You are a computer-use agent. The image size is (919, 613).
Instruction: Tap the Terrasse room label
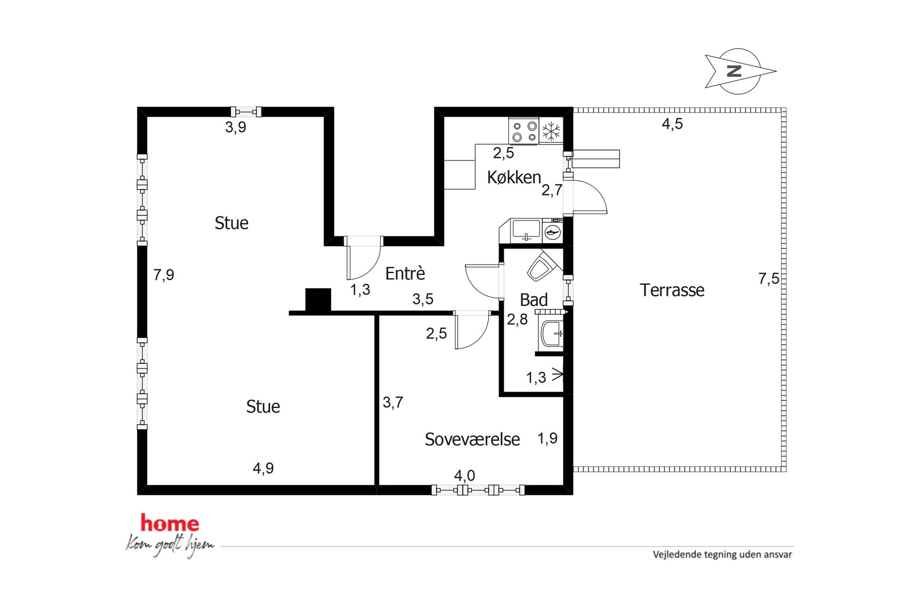672,290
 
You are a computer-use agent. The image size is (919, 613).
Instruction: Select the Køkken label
514,177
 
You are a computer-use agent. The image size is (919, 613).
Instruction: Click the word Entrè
405,273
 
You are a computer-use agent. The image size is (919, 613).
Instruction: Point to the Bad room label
534,300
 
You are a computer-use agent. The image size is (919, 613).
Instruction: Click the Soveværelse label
472,439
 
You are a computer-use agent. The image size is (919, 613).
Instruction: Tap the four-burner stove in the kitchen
524,131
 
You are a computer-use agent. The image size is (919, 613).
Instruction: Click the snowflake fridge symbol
551,131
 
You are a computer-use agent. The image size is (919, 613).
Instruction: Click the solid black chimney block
318,300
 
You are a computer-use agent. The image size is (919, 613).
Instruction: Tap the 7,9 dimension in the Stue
164,275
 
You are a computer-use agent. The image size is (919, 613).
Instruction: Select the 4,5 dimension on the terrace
672,124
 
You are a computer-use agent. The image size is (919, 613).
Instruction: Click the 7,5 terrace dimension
768,278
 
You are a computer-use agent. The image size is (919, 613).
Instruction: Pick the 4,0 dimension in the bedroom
464,475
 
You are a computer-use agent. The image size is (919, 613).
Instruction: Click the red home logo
170,523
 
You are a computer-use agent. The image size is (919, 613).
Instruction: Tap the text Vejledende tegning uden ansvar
722,555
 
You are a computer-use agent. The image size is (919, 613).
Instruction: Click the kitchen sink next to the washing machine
526,231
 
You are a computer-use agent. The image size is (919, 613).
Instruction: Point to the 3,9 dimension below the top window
235,127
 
